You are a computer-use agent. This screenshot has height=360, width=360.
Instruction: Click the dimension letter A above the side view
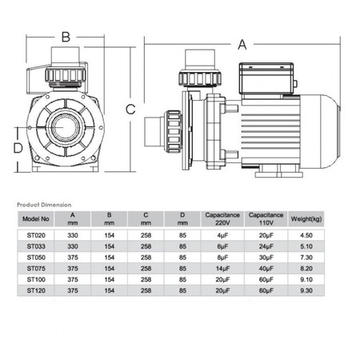pos(242,45)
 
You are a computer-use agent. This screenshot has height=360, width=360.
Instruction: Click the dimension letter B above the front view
pos(66,37)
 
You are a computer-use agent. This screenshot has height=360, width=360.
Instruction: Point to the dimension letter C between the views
pos(130,109)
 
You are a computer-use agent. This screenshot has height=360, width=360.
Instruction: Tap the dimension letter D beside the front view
pos(18,148)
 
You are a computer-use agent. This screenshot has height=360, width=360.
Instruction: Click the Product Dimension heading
pos(44,205)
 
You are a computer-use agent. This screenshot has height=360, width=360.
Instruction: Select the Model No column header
pos(36,219)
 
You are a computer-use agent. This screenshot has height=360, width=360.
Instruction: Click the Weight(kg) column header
pos(306,219)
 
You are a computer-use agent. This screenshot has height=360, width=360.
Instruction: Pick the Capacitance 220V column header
pos(222,218)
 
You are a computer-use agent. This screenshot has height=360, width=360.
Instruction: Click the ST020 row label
pos(36,235)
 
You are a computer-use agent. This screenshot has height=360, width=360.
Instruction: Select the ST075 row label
pos(36,268)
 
